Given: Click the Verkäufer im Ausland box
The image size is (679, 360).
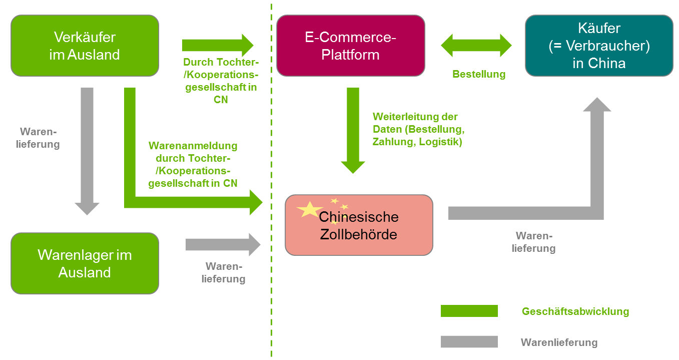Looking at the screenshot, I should (x=85, y=46).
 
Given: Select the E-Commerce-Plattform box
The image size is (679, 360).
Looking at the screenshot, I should (x=350, y=46).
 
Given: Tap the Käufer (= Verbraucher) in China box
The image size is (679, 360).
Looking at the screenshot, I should (x=599, y=46).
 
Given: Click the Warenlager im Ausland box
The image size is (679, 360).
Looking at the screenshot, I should (x=85, y=263).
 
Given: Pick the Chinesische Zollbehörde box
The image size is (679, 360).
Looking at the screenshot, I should (x=358, y=225).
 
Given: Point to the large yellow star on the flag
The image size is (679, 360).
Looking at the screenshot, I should (x=310, y=209).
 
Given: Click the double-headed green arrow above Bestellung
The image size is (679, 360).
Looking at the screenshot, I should (x=476, y=46).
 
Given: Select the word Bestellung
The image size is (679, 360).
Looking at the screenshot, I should (x=479, y=75).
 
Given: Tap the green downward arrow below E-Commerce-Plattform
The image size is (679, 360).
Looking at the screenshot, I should (x=353, y=130).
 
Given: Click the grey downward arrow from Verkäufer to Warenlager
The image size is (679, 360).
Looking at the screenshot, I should (x=87, y=150).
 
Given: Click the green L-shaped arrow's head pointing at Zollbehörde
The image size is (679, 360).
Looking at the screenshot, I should (x=254, y=202).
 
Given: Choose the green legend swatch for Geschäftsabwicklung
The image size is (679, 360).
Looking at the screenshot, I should (x=469, y=311).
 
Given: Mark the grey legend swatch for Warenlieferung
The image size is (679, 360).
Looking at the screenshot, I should (x=469, y=341).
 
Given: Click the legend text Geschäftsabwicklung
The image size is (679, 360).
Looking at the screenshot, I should (x=575, y=311).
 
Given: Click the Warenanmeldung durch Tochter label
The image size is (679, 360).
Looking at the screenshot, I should (x=193, y=165).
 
